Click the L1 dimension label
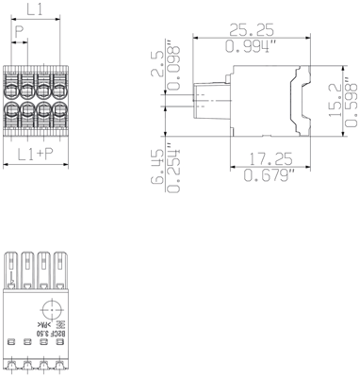pos(34,10)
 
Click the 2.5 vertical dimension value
pos(156,66)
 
